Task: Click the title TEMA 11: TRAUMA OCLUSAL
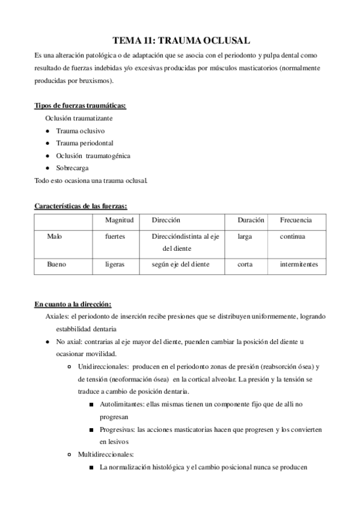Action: point(180,40)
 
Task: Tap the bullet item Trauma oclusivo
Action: point(80,131)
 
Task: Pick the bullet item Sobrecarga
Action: point(72,168)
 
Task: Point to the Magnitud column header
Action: point(119,221)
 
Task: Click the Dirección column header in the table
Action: point(166,221)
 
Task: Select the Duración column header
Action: point(251,221)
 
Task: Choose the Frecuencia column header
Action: point(296,221)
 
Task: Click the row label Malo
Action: point(55,237)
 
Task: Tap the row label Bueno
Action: point(56,264)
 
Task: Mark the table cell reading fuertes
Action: point(115,237)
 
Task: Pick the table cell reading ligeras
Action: point(115,264)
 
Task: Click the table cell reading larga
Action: point(245,237)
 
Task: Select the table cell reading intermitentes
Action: point(299,264)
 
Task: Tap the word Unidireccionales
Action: point(103,366)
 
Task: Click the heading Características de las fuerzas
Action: point(81,206)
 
